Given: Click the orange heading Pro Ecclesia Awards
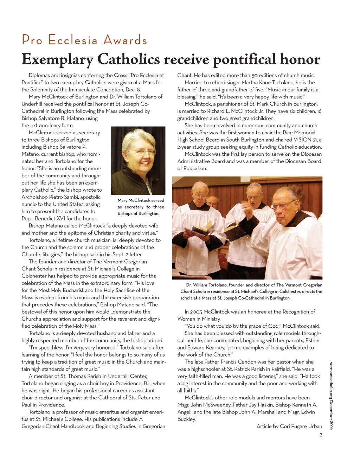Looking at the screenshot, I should click(x=84, y=40).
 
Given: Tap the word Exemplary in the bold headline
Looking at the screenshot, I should click(x=57, y=59).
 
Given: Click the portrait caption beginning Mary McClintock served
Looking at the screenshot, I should click(x=141, y=207).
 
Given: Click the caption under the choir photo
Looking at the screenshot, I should click(x=251, y=291).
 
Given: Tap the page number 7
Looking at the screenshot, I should click(x=321, y=435).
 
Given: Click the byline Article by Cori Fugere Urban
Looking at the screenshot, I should click(x=289, y=426).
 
